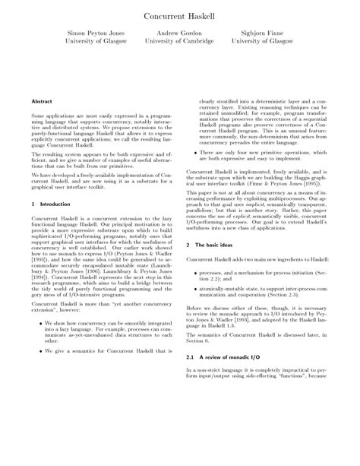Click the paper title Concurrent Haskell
pos(180,14)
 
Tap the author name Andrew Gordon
pos(179,34)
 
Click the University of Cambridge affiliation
pos(179,43)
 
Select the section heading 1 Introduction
pos(50,204)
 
